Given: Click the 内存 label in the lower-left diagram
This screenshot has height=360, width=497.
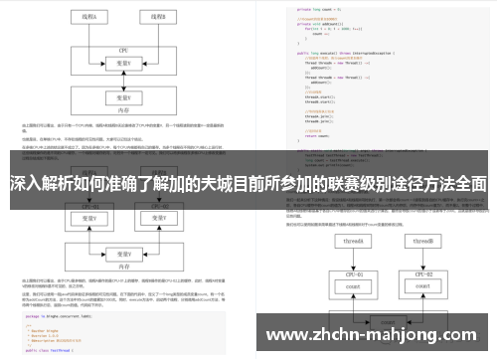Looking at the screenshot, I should coord(124,266).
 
